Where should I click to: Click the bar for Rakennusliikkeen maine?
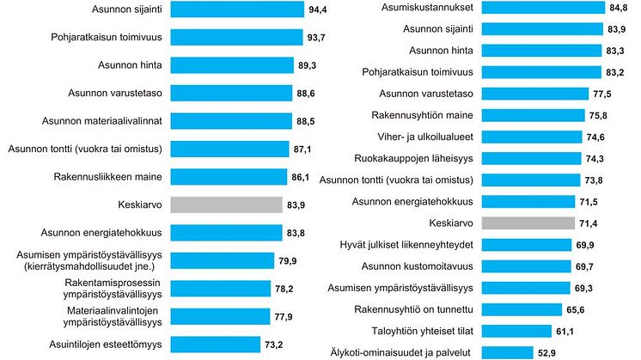tap(228, 177)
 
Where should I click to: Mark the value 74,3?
tap(605, 158)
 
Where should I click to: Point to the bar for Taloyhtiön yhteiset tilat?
tap(516, 330)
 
